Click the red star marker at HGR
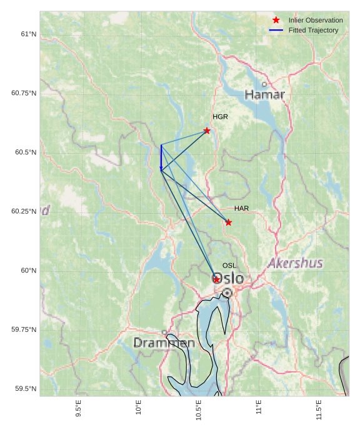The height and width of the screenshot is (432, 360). (x=207, y=131)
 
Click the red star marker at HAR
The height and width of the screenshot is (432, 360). (x=228, y=223)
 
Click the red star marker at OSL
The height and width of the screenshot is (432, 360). (x=216, y=279)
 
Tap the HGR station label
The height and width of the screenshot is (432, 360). (x=220, y=117)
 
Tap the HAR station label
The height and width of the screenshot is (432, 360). (x=242, y=208)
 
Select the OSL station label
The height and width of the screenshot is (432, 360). (x=229, y=266)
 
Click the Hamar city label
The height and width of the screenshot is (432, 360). (x=264, y=95)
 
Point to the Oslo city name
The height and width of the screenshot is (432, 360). (x=228, y=279)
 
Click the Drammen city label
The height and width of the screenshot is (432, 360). (x=164, y=343)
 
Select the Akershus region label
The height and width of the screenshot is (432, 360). (x=295, y=263)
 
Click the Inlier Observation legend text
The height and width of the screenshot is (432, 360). (x=316, y=21)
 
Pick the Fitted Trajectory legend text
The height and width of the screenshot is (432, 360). (x=313, y=30)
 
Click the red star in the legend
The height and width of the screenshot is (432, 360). (x=276, y=20)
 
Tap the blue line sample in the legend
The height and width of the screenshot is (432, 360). (x=276, y=30)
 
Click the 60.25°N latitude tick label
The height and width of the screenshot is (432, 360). (x=24, y=211)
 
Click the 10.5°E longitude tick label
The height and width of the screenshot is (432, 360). (x=199, y=409)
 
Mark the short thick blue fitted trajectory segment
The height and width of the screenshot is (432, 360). (x=161, y=157)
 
